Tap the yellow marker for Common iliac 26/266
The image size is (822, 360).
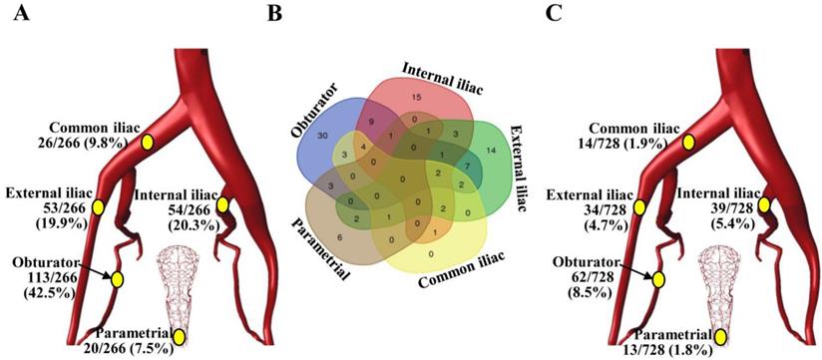148,143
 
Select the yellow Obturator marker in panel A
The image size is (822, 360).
117,280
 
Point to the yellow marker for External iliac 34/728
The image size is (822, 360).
639,206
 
